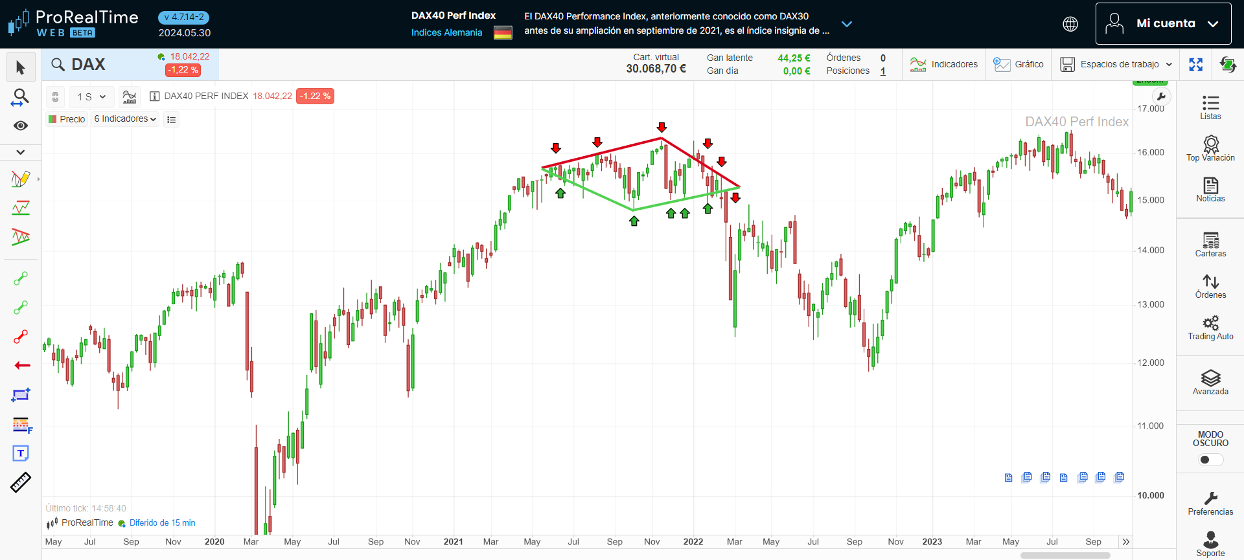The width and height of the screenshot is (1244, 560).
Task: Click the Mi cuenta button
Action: tap(1163, 24)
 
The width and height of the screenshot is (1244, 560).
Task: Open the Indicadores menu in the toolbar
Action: tap(944, 64)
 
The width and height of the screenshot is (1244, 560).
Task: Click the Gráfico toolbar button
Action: tap(1019, 64)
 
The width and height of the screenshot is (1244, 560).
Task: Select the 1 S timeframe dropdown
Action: tap(91, 96)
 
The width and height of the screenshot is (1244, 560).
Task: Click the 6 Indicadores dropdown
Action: tap(125, 119)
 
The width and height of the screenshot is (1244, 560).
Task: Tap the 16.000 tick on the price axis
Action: tap(1151, 152)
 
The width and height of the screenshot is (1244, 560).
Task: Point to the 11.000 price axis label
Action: tap(1151, 425)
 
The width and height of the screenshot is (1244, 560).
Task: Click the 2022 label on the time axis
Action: tap(693, 542)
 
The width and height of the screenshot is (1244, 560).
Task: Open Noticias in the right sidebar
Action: tap(1210, 190)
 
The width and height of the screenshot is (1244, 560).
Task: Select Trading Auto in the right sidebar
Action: tap(1210, 327)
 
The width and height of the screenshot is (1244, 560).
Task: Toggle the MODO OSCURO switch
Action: tap(1210, 460)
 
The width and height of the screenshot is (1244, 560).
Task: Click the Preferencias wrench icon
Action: tap(1210, 498)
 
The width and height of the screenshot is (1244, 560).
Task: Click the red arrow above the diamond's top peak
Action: tap(662, 127)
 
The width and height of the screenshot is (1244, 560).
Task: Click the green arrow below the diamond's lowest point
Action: tap(634, 221)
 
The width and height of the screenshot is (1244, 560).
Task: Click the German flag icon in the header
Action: tap(503, 32)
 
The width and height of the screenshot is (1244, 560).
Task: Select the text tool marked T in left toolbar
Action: tap(21, 453)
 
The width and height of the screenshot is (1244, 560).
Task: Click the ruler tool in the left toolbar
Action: tap(21, 482)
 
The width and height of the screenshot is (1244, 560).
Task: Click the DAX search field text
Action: tap(88, 65)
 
